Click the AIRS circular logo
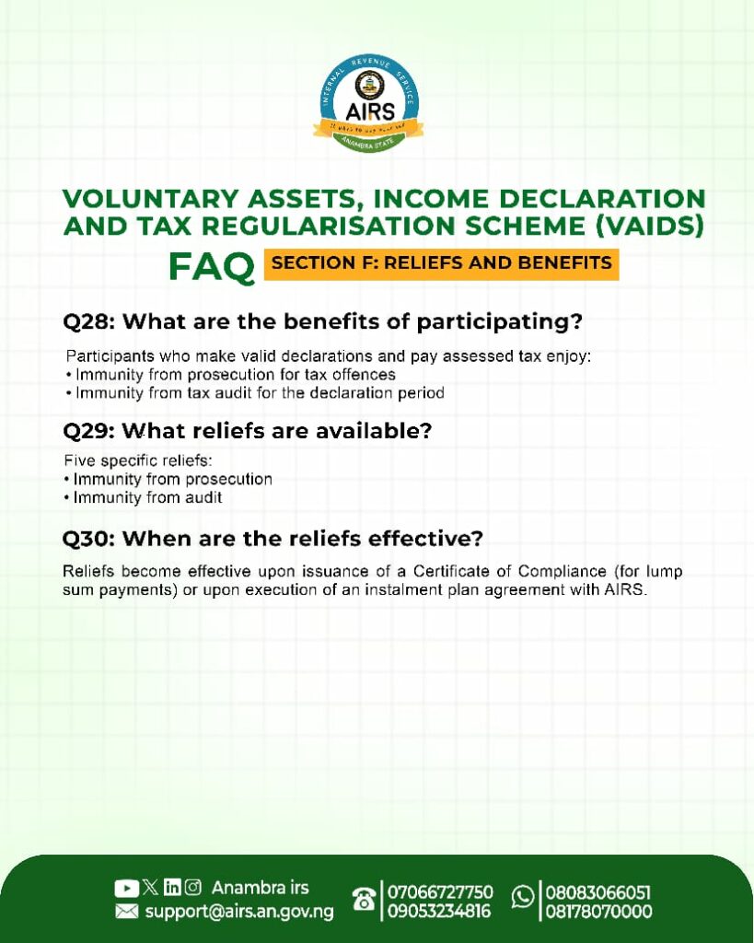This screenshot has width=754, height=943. click(368, 103)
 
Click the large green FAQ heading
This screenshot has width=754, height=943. click(212, 266)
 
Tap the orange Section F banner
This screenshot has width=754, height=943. click(441, 263)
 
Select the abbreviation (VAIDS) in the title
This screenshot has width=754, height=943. click(649, 227)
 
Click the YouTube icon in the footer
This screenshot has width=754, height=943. click(126, 888)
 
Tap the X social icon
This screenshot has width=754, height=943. click(151, 887)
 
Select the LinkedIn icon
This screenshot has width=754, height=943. click(172, 887)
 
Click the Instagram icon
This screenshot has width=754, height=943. click(192, 887)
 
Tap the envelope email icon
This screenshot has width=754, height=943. click(126, 912)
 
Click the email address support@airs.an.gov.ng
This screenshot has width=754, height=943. click(239, 912)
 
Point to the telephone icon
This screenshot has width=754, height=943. click(365, 901)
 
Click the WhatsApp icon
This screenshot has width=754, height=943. click(523, 897)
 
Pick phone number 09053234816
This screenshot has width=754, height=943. click(438, 912)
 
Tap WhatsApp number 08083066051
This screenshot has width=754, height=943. click(597, 891)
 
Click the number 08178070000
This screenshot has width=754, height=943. click(598, 912)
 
